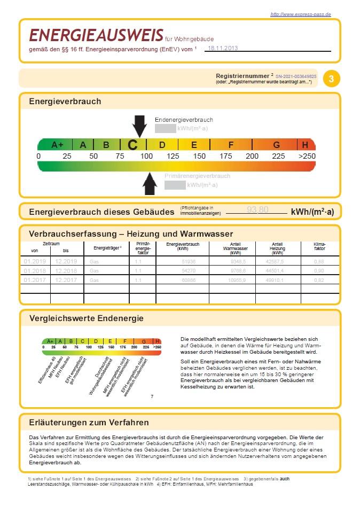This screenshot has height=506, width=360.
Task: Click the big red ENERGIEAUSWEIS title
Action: point(96,35)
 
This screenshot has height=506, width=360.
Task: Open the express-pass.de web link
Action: point(301,14)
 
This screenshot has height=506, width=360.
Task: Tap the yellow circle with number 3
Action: point(332,79)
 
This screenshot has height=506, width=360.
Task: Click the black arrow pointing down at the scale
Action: point(139,126)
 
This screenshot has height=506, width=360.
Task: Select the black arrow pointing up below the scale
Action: point(150,184)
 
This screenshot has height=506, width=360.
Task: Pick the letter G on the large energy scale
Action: point(276,145)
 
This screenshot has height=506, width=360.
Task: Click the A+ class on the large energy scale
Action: point(57,145)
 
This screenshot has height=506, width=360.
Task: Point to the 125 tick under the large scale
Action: point(173,156)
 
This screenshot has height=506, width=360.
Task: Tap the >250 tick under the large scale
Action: point(307,156)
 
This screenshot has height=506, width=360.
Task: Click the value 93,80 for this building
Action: point(257,210)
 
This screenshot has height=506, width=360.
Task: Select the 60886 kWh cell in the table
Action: point(189,280)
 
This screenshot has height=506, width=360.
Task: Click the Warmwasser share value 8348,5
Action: point(237,261)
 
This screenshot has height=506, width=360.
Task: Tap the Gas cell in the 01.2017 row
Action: point(95,280)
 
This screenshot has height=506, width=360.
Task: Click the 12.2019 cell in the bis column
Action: point(66,261)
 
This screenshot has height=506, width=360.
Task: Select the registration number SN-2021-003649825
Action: point(296,76)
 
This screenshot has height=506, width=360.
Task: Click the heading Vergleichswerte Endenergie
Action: point(86,318)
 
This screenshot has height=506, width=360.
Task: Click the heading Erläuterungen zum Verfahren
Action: point(89,423)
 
